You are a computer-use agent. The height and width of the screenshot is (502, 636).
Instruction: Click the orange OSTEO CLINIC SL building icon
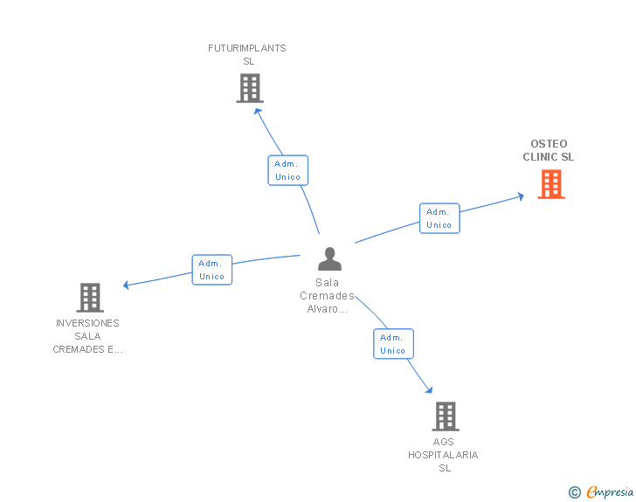551,184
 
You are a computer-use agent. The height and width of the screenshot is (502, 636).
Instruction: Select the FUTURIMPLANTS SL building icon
250,88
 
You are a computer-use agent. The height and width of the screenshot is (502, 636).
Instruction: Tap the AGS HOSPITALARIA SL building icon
446,416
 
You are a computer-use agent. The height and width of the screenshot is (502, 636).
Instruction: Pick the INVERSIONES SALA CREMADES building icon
90,298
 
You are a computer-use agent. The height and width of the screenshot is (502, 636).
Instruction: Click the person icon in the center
329,258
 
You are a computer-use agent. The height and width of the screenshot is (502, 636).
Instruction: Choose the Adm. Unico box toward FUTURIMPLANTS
288,170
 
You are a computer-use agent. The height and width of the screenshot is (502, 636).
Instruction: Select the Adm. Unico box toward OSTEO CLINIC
439,218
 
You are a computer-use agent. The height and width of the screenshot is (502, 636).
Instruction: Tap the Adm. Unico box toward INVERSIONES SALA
211,270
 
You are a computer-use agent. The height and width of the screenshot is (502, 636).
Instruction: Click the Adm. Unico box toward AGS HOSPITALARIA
393,344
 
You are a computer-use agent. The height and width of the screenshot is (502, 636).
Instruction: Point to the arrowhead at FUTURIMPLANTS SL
258,112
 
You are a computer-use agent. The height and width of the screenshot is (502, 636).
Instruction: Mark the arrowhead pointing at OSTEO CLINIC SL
521,196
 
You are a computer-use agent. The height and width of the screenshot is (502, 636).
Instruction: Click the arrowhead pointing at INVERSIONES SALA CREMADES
126,285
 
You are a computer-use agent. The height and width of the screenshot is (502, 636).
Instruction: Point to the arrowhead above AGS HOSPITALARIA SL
429,390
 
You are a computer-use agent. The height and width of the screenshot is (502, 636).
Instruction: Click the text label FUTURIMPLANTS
247,48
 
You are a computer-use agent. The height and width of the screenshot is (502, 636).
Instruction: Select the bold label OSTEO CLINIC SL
549,150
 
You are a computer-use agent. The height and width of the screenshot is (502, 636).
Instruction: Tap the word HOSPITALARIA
443,455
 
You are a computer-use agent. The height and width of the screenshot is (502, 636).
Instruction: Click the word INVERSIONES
87,323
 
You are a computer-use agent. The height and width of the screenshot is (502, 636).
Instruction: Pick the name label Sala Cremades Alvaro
327,296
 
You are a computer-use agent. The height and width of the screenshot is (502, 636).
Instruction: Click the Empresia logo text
610,492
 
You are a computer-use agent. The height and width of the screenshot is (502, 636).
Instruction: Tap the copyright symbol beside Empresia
575,492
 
